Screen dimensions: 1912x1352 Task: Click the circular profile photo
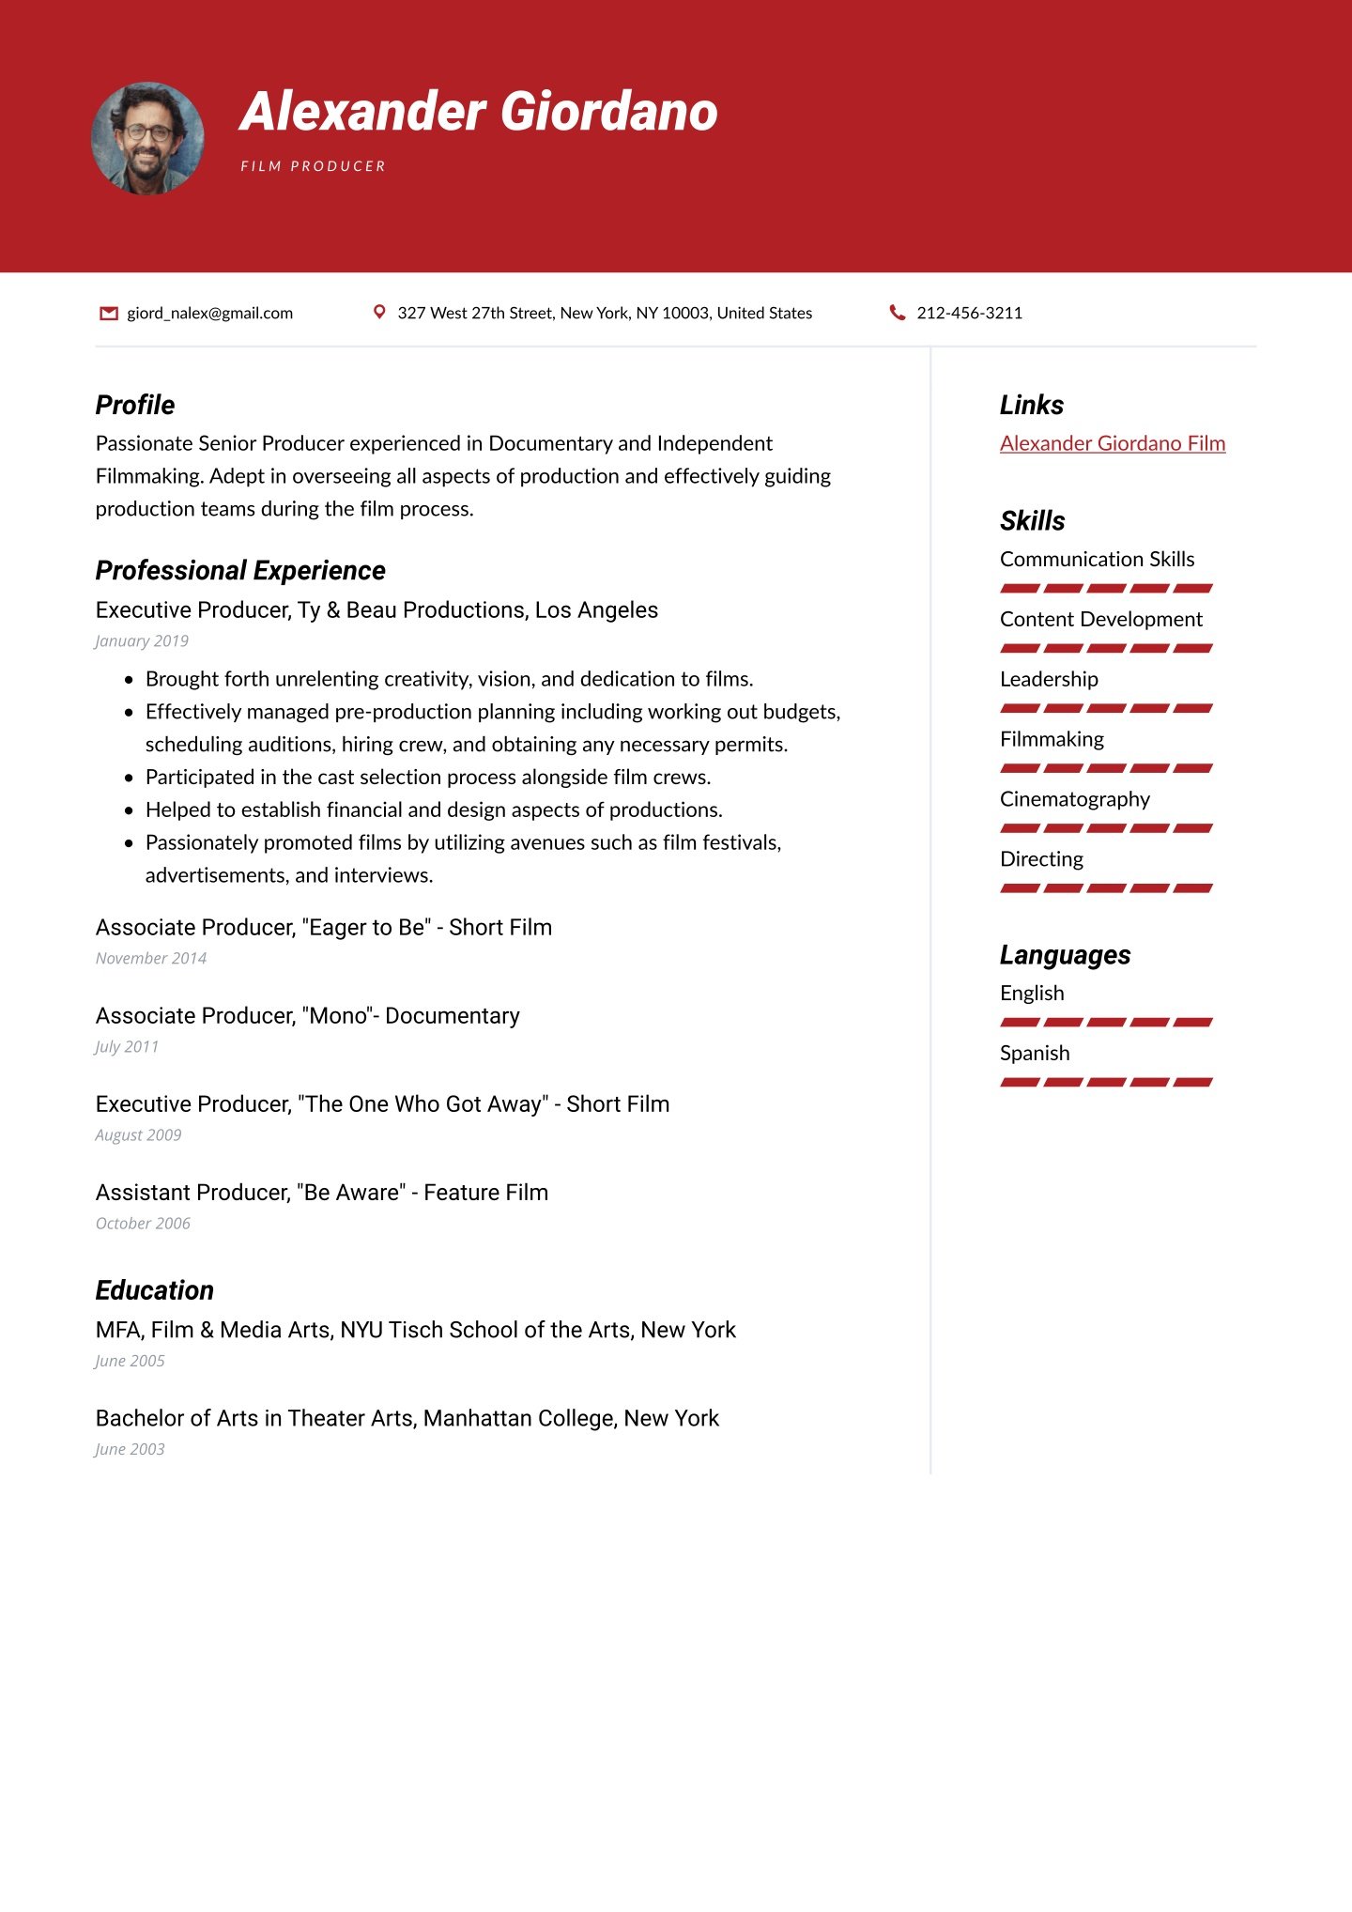[147, 139]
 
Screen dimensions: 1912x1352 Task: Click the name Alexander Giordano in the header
[479, 112]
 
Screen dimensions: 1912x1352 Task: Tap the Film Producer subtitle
[313, 166]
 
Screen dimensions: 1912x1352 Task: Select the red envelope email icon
[109, 313]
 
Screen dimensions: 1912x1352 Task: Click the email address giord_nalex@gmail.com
[210, 313]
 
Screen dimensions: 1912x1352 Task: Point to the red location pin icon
[379, 312]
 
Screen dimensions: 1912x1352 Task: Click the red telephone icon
[898, 313]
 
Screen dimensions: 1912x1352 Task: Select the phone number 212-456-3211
[969, 313]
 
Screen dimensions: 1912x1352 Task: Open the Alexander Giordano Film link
[1113, 443]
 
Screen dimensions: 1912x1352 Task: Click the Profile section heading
[135, 405]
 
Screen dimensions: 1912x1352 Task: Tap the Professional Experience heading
[240, 570]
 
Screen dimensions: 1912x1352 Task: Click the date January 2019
[142, 641]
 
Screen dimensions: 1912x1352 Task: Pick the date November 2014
[151, 959]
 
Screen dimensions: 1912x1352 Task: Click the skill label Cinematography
[1075, 799]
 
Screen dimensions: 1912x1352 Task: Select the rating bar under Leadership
[1106, 708]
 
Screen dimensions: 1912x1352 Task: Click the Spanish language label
[1035, 1053]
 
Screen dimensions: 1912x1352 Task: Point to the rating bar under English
[1106, 1022]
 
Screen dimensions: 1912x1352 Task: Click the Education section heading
[155, 1290]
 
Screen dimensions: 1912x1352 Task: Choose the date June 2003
[130, 1449]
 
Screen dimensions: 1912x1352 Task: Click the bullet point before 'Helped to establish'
[129, 810]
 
